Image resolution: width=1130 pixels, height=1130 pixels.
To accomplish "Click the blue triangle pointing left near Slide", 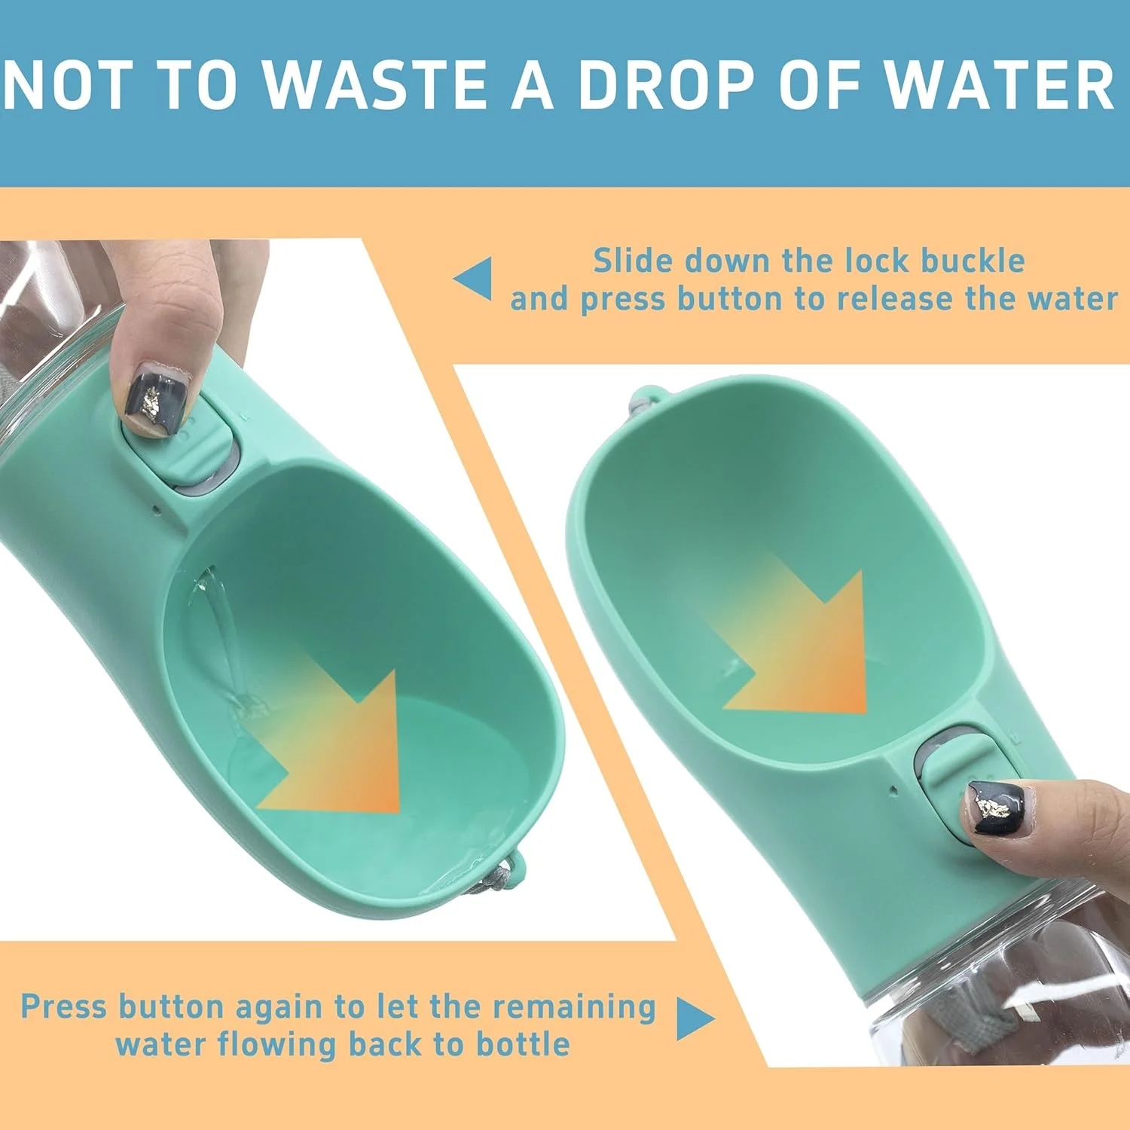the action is [x=474, y=278].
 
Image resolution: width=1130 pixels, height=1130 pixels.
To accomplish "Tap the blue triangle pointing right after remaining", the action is [x=695, y=1019].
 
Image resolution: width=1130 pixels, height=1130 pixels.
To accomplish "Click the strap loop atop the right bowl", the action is [x=646, y=400].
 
